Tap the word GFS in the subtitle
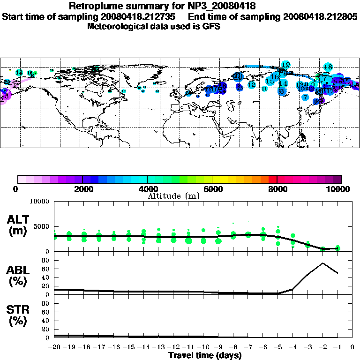click(211, 26)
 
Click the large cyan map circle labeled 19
click(285, 65)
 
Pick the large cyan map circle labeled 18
click(328, 67)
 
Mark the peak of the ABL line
click(322, 263)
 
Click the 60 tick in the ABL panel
click(46, 270)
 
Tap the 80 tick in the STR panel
click(46, 303)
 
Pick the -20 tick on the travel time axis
click(54, 347)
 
